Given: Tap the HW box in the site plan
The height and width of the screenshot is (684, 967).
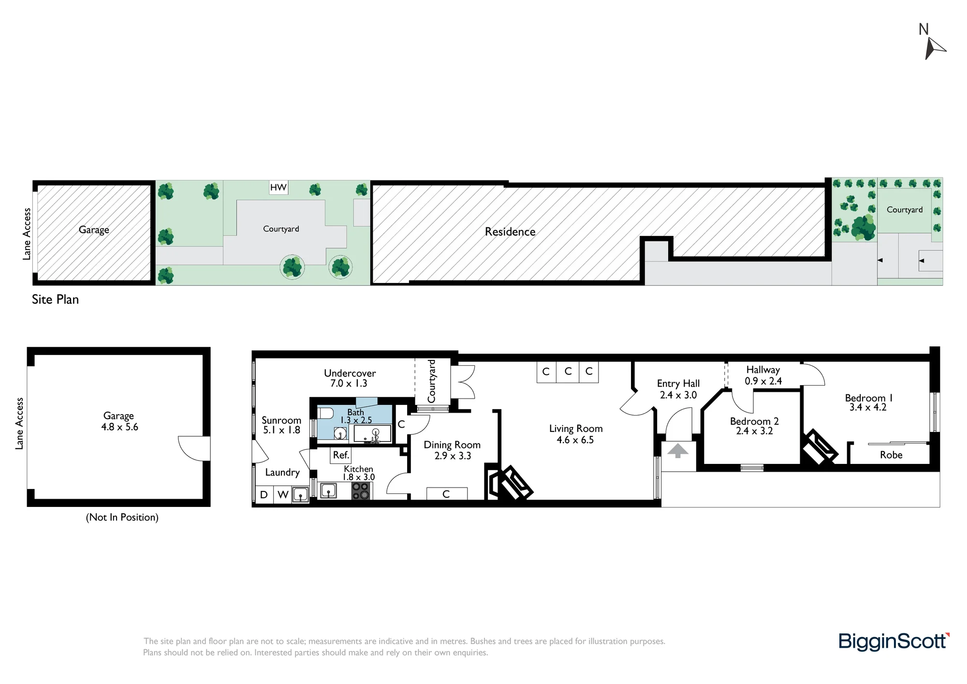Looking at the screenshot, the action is [278, 187].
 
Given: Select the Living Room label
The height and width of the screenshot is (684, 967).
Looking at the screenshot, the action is [576, 429].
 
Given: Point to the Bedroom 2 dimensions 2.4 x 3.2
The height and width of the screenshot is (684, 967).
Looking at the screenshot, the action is [754, 431].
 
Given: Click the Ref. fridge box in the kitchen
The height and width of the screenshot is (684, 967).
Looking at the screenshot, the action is [341, 455].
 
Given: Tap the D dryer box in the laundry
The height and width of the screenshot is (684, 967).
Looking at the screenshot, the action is [264, 494].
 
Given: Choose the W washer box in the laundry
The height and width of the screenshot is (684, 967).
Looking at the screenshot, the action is [283, 494].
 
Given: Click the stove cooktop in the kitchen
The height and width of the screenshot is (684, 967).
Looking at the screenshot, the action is [361, 491].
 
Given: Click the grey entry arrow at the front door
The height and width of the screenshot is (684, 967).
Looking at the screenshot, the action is [678, 451].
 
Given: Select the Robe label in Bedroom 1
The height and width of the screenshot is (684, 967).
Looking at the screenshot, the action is [891, 455].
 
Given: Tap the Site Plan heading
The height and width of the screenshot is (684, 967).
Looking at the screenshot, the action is [55, 299].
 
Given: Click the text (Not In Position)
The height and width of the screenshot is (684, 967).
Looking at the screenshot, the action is [122, 517].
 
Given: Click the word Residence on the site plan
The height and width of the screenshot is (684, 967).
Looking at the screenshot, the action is [510, 232].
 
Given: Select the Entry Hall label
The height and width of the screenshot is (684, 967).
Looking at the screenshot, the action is [678, 384].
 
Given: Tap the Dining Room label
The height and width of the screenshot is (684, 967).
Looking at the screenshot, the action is [452, 445].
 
